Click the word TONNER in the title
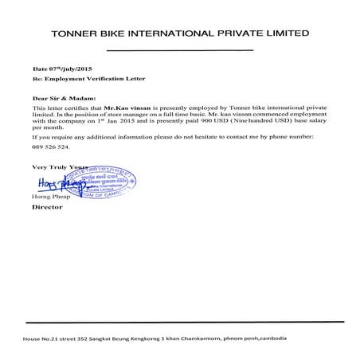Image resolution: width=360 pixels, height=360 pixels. coord(74,34)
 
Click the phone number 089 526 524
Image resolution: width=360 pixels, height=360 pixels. coord(50,147)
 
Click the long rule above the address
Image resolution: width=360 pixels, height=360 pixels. coord(179,323)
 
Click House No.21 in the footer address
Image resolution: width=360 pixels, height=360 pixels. coord(45,338)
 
